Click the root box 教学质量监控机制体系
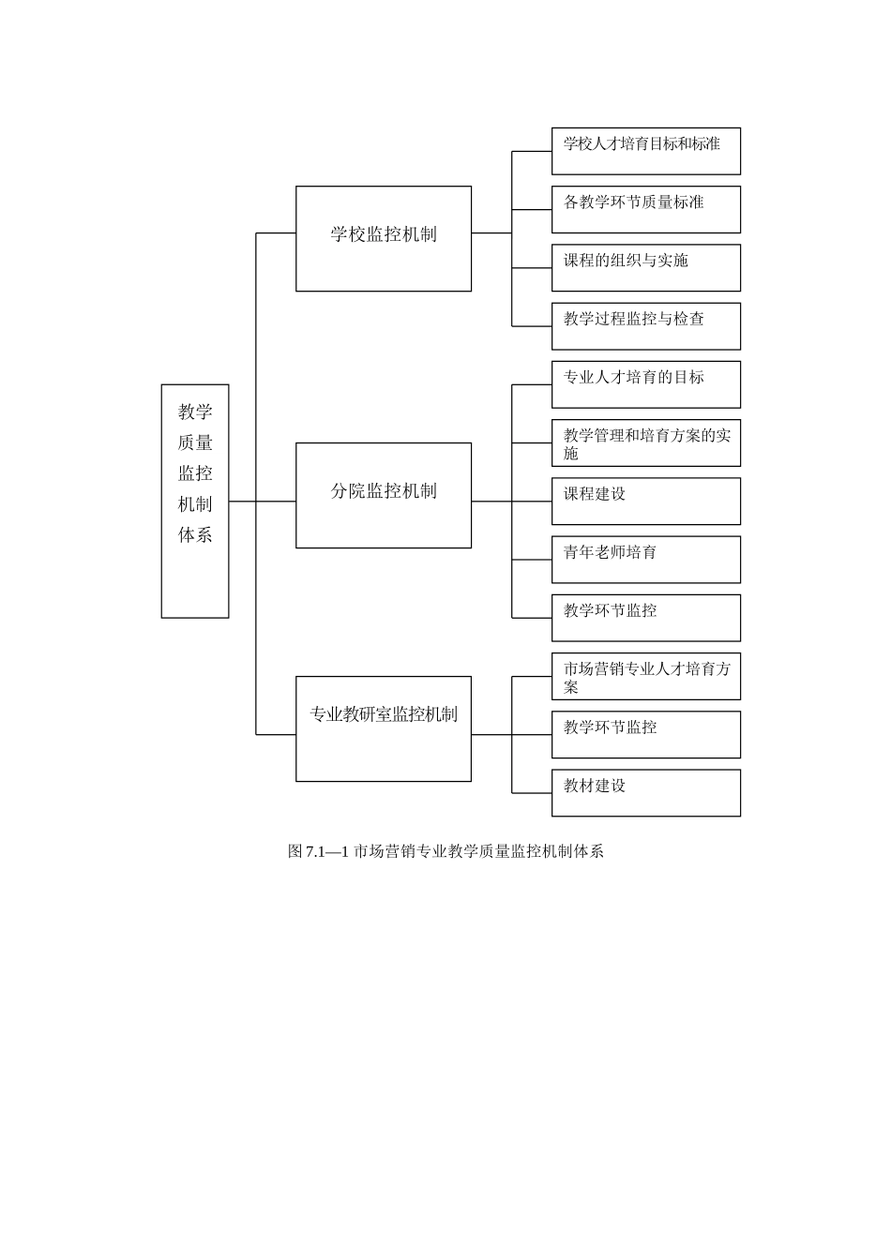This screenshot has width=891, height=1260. coord(195,501)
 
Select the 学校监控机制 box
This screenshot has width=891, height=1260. coord(384,238)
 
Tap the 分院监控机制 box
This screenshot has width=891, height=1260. coord(384,495)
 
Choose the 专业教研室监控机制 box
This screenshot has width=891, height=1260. coord(384,728)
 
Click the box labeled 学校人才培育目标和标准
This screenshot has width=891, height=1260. coord(645,151)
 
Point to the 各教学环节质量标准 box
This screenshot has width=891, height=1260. coord(645,209)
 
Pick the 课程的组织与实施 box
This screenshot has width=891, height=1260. coord(645,267)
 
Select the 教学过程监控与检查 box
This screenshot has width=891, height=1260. coord(645,325)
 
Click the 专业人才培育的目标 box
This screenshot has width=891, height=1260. coord(645,384)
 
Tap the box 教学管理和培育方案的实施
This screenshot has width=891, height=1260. coord(645,442)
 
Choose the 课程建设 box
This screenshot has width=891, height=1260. coord(645,501)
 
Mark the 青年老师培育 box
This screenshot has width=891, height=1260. coord(645,559)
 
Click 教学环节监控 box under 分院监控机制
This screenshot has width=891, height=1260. coord(645,618)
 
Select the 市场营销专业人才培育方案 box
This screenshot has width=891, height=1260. coord(645,676)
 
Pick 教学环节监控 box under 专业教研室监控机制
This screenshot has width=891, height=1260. coord(645,734)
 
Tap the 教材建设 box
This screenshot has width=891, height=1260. coord(645,792)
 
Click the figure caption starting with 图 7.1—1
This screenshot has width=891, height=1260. coord(445,851)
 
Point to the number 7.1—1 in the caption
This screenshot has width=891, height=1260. coord(327,851)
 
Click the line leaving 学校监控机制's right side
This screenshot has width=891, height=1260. coord(491,232)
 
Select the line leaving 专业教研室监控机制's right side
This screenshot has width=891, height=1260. coord(491,735)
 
